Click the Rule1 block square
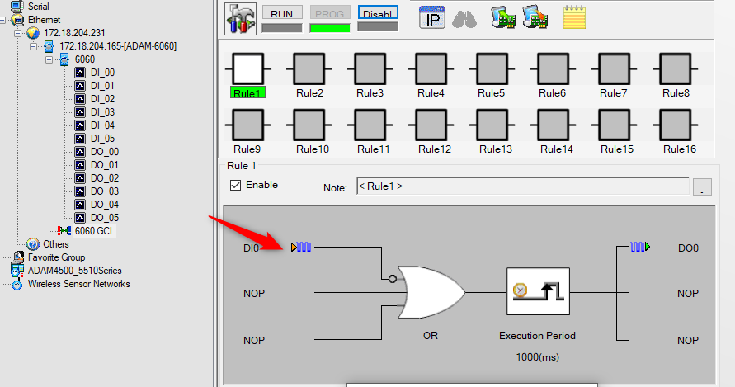pyautogui.click(x=248, y=68)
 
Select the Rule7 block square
pyautogui.click(x=614, y=68)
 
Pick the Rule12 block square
pyautogui.click(x=431, y=125)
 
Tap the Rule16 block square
pyautogui.click(x=676, y=125)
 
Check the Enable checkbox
pyautogui.click(x=235, y=186)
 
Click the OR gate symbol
pyautogui.click(x=431, y=293)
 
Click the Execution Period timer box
pyautogui.click(x=538, y=291)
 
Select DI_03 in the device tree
pyautogui.click(x=102, y=112)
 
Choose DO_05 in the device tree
pyautogui.click(x=105, y=218)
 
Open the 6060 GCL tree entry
pyautogui.click(x=94, y=231)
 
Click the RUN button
pyautogui.click(x=282, y=13)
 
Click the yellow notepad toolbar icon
pyautogui.click(x=574, y=17)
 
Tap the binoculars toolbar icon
pyautogui.click(x=464, y=19)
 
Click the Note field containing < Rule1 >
pyautogui.click(x=523, y=186)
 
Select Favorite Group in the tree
pyautogui.click(x=56, y=257)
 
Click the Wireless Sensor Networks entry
pyautogui.click(x=78, y=284)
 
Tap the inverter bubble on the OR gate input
pyautogui.click(x=393, y=279)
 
